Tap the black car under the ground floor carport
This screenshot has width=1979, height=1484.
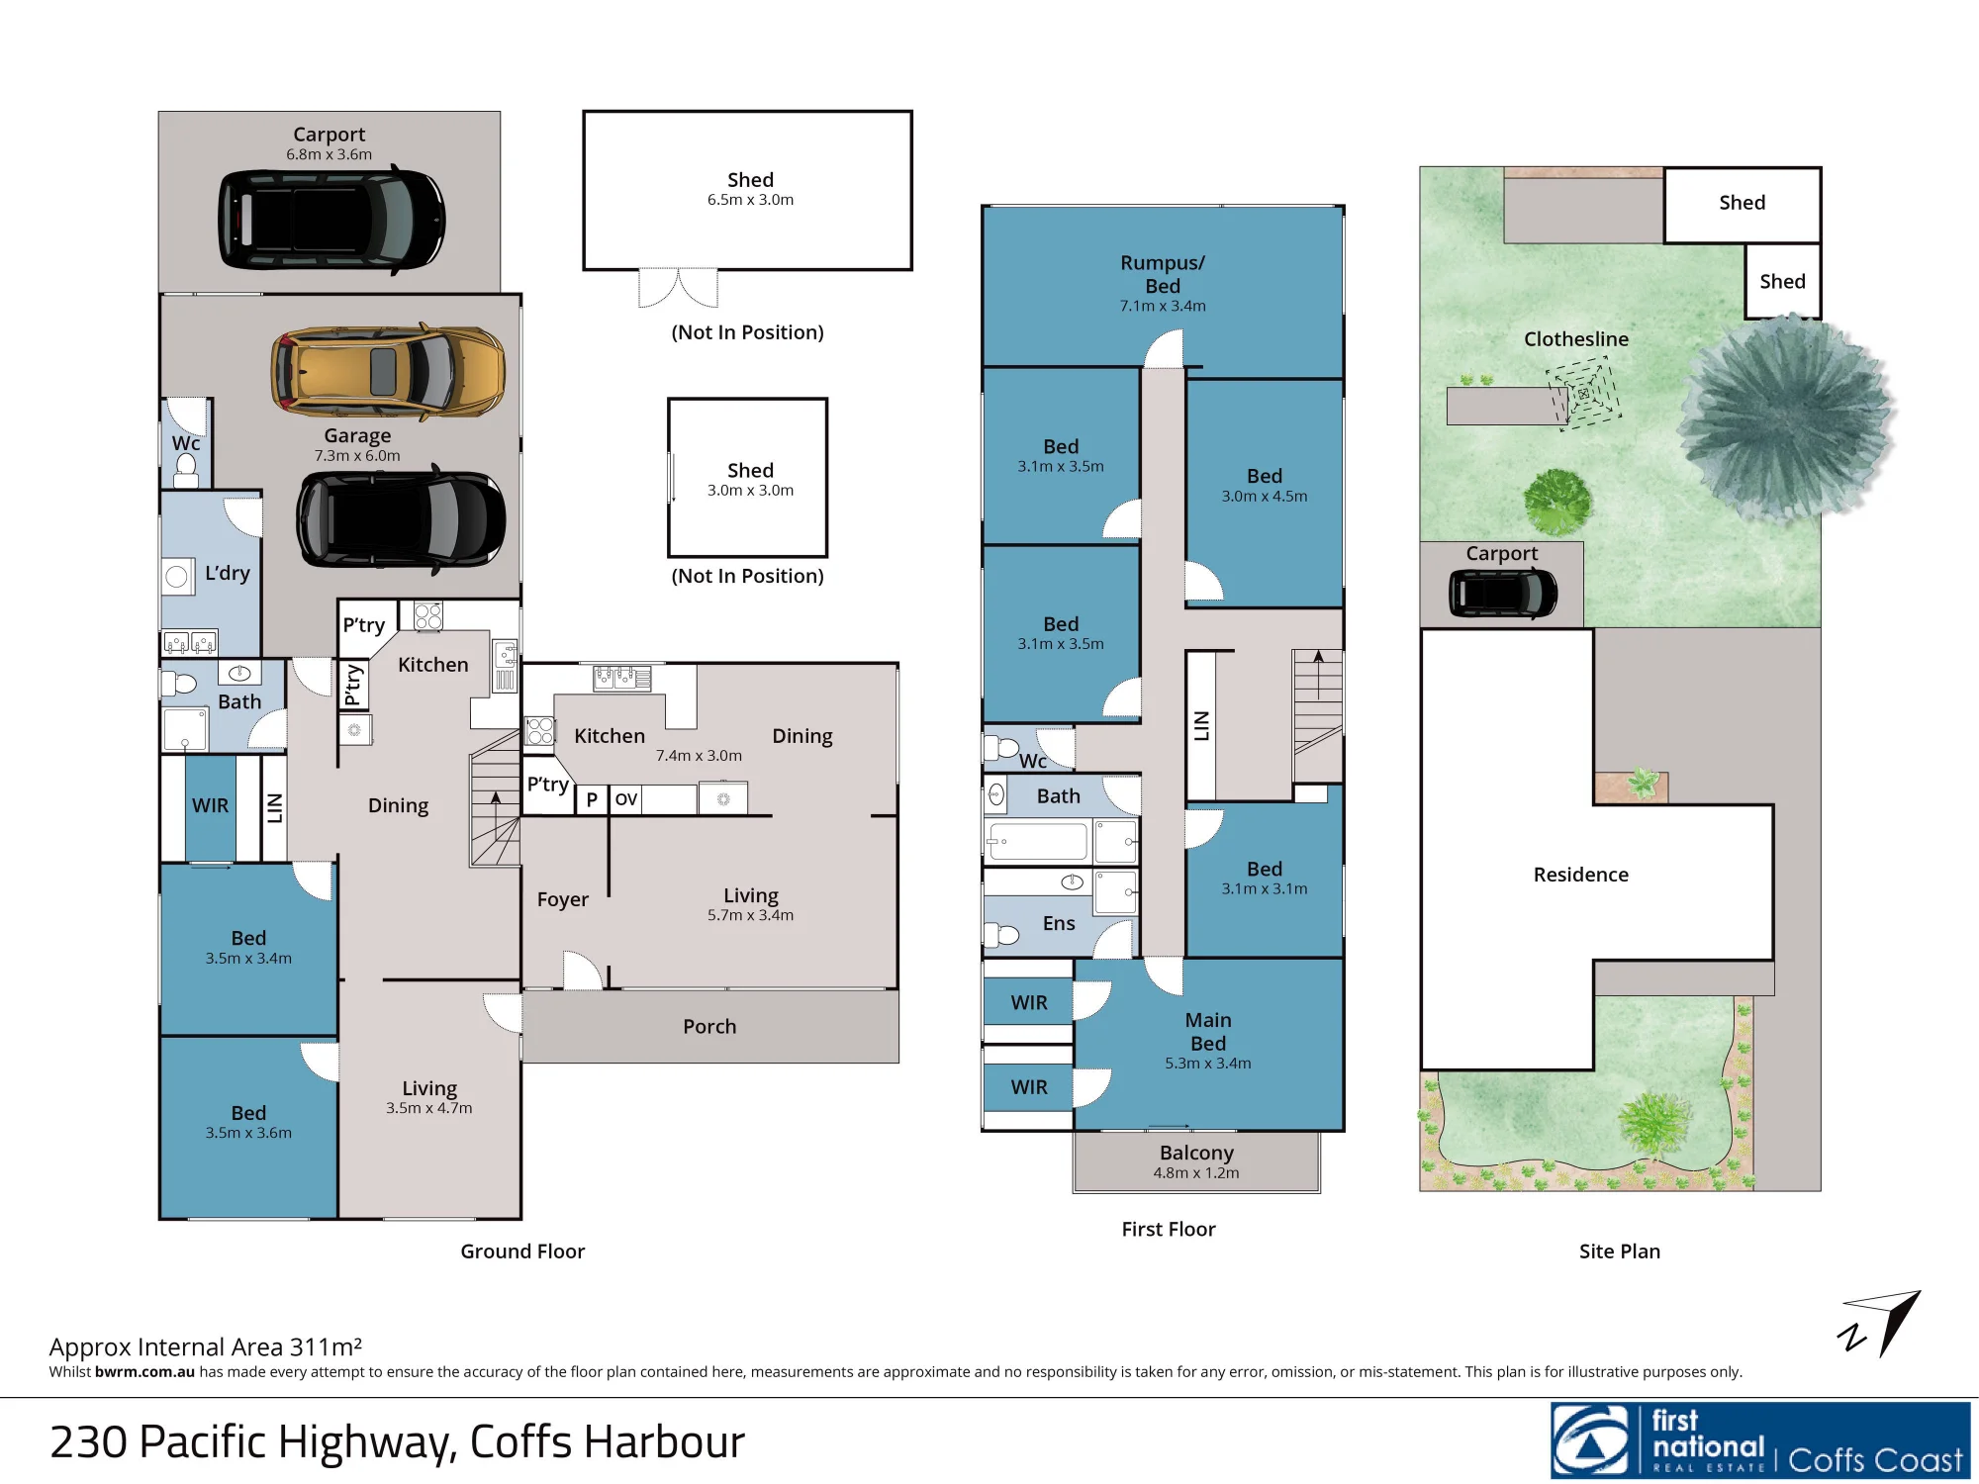pyautogui.click(x=331, y=220)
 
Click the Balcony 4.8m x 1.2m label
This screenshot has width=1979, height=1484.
pyautogui.click(x=1196, y=1161)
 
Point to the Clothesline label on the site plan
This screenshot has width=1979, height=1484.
pyautogui.click(x=1576, y=339)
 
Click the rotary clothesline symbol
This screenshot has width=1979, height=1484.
pyautogui.click(x=1583, y=394)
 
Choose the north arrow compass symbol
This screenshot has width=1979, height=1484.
pyautogui.click(x=1879, y=1324)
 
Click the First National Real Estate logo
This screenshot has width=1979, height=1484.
pyautogui.click(x=1760, y=1440)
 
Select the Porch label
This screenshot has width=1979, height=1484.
pyautogui.click(x=709, y=1027)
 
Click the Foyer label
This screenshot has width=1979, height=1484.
pyautogui.click(x=563, y=899)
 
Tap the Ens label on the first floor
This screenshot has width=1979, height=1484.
pyautogui.click(x=1059, y=923)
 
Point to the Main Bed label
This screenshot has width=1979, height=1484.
pyautogui.click(x=1208, y=1032)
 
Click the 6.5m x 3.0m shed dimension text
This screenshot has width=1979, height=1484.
pyautogui.click(x=750, y=200)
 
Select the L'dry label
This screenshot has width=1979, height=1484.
pyautogui.click(x=228, y=573)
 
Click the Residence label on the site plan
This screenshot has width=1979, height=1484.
pyautogui.click(x=1581, y=875)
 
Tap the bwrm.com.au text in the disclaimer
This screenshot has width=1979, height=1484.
pyautogui.click(x=144, y=1371)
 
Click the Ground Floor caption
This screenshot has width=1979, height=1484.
pyautogui.click(x=522, y=1252)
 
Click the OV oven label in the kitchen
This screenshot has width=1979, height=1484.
pyautogui.click(x=626, y=799)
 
